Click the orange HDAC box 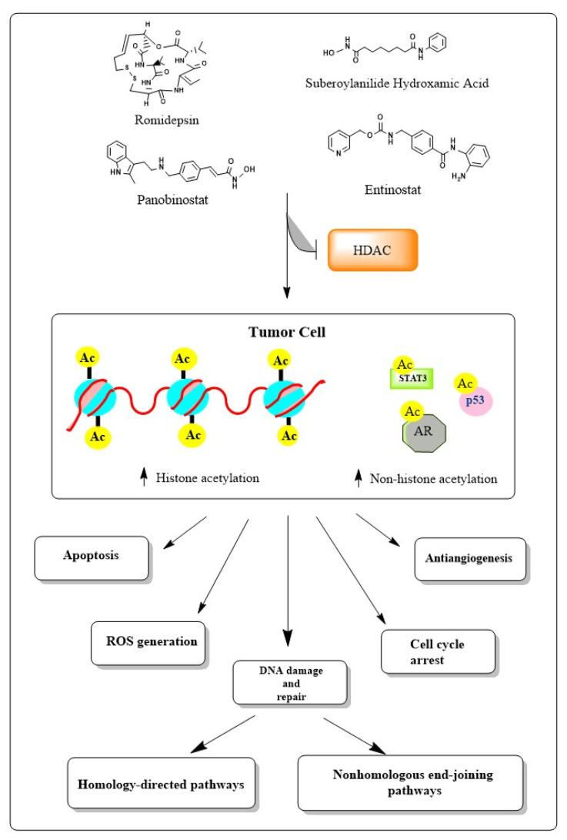tap(373, 250)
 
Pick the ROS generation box tap(149, 643)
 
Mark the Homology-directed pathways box tap(161, 783)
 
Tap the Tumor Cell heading tap(282, 333)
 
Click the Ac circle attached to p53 tap(464, 382)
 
